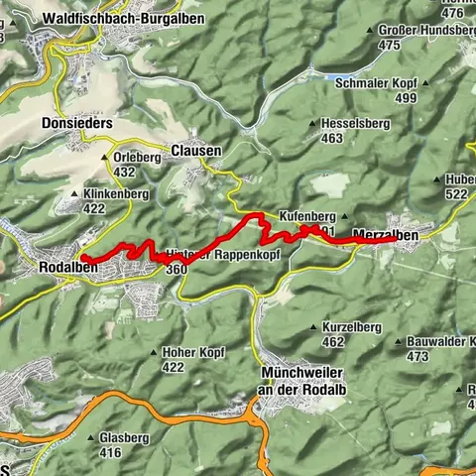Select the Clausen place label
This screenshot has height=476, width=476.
pos(195,150)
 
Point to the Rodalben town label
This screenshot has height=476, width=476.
pos(67,268)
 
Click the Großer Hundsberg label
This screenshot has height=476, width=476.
pos(428,31)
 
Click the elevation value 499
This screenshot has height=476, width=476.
pos(406,98)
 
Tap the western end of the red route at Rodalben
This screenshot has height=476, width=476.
pos(83,258)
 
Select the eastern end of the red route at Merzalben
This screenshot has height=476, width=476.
pos(394,238)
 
